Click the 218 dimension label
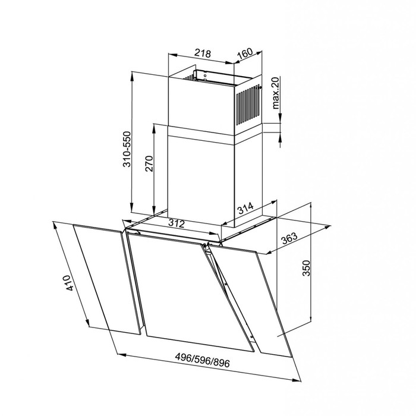203,53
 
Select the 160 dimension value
245,54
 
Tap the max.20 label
275,93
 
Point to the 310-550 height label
128,149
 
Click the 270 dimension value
150,163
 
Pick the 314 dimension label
245,208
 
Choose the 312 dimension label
177,223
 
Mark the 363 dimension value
289,238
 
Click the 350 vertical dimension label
306,268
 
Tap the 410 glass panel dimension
68,283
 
